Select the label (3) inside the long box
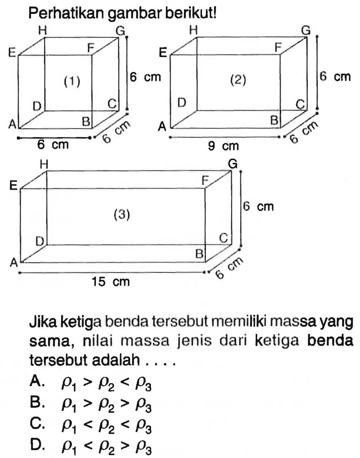(x=121, y=214)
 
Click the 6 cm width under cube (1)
(x=54, y=145)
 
